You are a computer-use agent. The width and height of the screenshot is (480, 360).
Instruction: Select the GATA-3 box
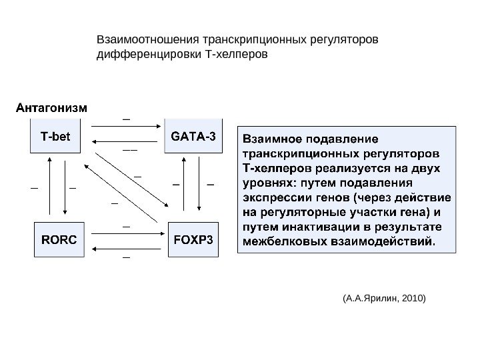(x=193, y=137)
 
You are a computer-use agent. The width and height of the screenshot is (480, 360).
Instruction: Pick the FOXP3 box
(x=193, y=239)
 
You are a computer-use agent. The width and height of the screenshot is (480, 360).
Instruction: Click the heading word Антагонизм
(x=51, y=107)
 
